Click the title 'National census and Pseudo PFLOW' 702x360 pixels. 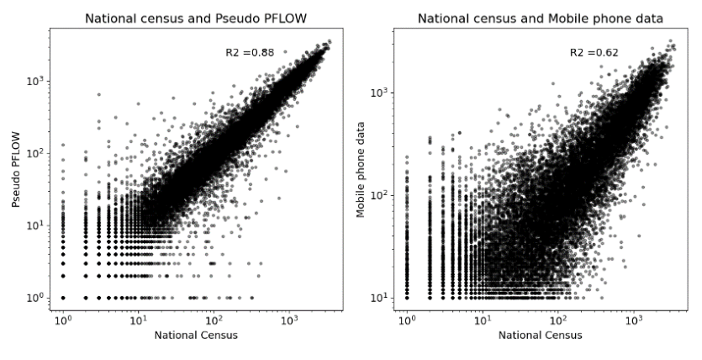click(x=196, y=19)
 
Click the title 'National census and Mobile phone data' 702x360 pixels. click(x=541, y=19)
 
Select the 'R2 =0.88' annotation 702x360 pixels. click(x=250, y=53)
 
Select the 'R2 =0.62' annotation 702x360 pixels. click(x=594, y=53)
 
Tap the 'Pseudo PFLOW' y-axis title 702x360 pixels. click(x=17, y=169)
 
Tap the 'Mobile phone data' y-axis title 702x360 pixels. click(x=361, y=169)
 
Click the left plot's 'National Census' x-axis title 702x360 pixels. click(x=196, y=335)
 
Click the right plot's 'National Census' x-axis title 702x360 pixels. click(x=541, y=335)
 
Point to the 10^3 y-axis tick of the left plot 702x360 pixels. click(x=37, y=81)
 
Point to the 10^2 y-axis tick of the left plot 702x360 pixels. click(x=37, y=153)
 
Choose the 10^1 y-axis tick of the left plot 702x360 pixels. click(x=37, y=225)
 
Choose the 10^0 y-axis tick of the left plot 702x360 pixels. click(x=37, y=297)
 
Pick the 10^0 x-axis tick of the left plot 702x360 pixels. click(x=63, y=320)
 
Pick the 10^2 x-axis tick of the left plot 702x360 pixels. click(x=214, y=320)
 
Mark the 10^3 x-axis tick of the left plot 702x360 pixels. click(x=288, y=320)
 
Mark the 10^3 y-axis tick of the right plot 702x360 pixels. click(x=381, y=93)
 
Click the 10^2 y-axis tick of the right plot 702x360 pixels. click(x=381, y=195)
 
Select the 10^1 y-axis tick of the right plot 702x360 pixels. click(x=381, y=297)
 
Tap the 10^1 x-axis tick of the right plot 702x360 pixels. click(x=483, y=320)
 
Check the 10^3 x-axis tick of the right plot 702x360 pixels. click(x=633, y=320)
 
